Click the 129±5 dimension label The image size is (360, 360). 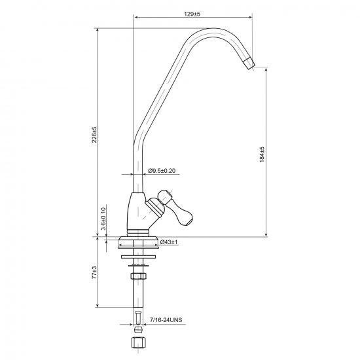click(x=192, y=14)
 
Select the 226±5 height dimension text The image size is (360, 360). click(x=94, y=135)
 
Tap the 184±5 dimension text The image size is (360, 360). click(x=262, y=154)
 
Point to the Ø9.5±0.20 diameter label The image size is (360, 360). click(x=162, y=171)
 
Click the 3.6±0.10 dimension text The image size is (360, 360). click(x=103, y=219)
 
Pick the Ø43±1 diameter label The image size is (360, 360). click(x=169, y=242)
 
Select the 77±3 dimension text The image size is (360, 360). click(x=94, y=272)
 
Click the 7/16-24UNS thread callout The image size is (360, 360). click(x=166, y=320)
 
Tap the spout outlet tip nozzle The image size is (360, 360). click(x=249, y=63)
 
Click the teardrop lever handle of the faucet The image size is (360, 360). click(x=176, y=207)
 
